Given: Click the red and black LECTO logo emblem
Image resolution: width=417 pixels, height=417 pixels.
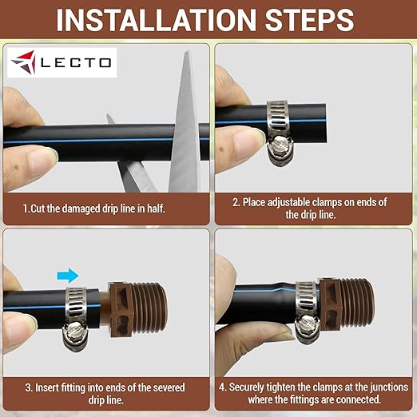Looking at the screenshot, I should (x=26, y=62).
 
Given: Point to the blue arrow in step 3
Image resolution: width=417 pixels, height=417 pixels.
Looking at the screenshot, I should (x=68, y=275).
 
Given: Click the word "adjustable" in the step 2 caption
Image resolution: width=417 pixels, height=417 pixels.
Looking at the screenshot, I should (x=296, y=202).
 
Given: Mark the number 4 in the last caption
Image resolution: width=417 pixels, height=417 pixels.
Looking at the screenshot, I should (x=222, y=387).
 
